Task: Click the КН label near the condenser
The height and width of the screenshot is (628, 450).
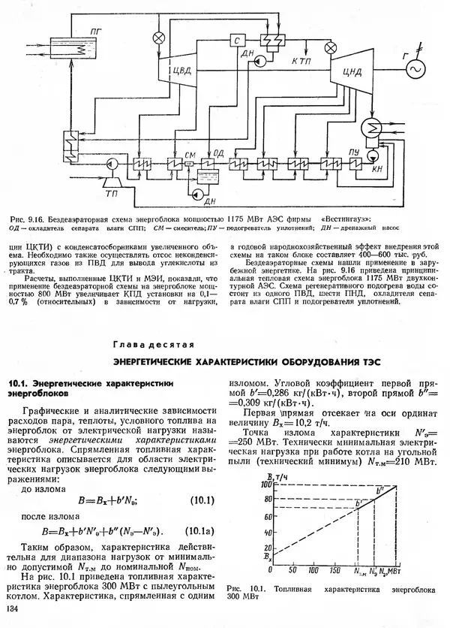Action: (377, 171)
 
